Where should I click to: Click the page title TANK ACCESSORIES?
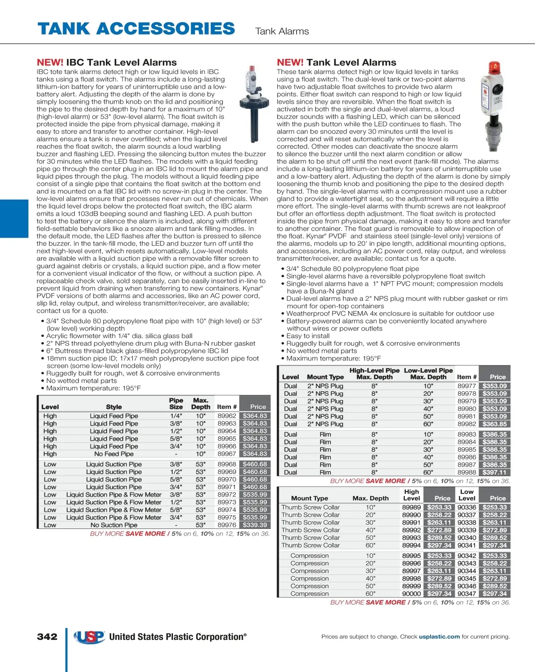tap(136, 29)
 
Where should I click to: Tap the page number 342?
tap(47, 636)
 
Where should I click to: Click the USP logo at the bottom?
tap(90, 637)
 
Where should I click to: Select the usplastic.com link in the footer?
tap(439, 636)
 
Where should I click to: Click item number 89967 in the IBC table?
tap(226, 454)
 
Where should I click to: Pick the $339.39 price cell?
tap(255, 525)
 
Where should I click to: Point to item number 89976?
tap(226, 525)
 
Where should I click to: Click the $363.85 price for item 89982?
tap(494, 424)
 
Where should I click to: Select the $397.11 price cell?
tap(494, 472)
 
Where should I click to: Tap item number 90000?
tap(411, 594)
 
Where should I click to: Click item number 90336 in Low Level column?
tap(466, 507)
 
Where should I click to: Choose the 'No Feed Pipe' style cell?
tap(114, 454)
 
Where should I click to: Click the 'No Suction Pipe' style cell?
tap(114, 525)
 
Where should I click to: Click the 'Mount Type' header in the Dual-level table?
tap(325, 377)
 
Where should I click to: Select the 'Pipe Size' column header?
tap(176, 403)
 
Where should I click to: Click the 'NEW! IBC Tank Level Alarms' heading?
tap(107, 62)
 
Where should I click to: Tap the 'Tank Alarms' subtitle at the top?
tap(282, 31)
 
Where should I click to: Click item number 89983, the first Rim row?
tap(466, 434)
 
